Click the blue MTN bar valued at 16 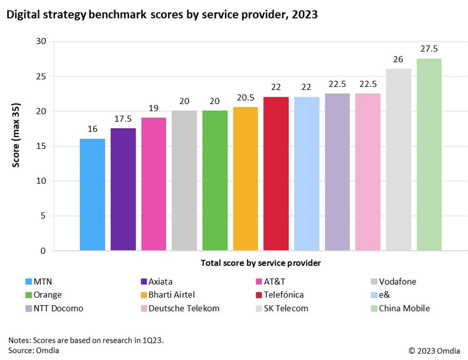[92, 194]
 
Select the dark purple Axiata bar [123, 189]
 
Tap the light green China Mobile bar [429, 154]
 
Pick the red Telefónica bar [276, 174]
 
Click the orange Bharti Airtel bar [245, 179]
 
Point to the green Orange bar [215, 181]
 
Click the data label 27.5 [429, 49]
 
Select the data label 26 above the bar [398, 59]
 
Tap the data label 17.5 [123, 119]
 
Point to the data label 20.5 [245, 98]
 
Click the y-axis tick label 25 [41, 76]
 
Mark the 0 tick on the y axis [43, 251]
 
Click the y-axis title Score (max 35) [16, 135]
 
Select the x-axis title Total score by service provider [261, 263]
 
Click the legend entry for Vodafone [397, 281]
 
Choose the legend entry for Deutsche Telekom [184, 308]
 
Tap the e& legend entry [384, 295]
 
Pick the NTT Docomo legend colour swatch [29, 308]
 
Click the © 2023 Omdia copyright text [434, 351]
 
